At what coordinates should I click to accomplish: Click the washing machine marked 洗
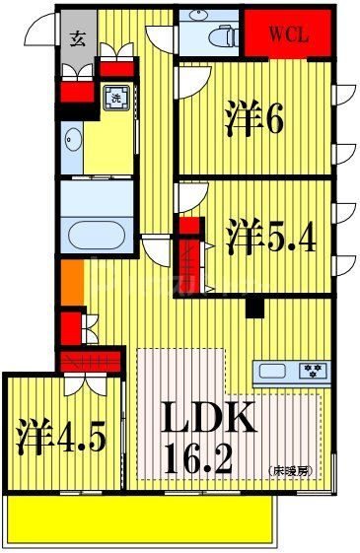click(x=115, y=99)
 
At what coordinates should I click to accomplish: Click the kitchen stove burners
click(x=314, y=373)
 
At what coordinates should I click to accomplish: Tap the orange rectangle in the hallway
click(x=71, y=285)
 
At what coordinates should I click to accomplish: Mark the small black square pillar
click(x=254, y=308)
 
